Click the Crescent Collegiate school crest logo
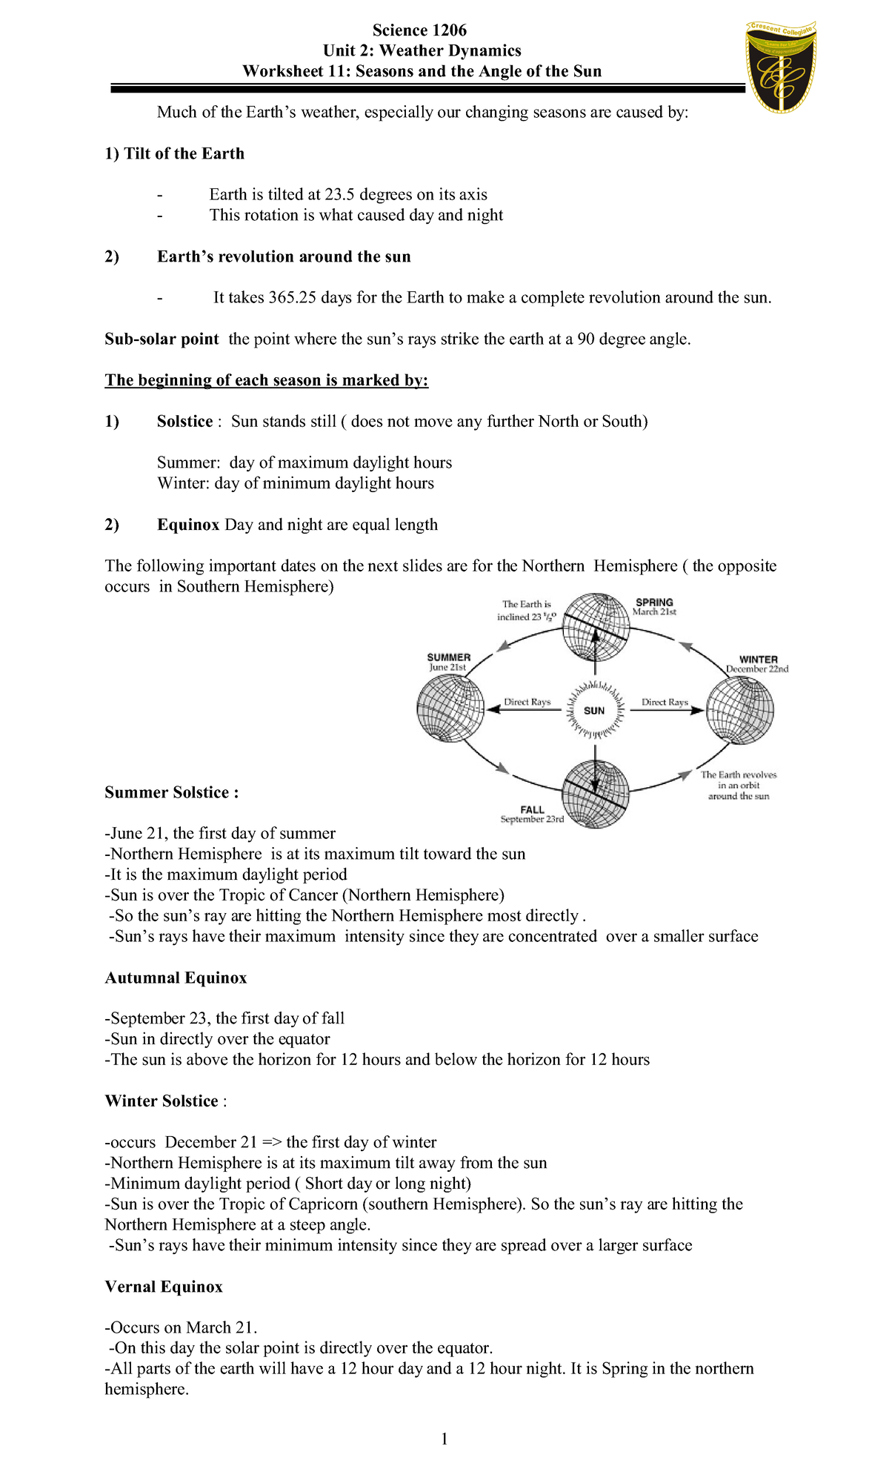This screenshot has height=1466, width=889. tap(780, 67)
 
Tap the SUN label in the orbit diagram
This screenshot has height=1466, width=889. tap(594, 711)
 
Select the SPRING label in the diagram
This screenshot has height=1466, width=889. tap(654, 603)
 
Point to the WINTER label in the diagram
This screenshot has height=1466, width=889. tap(758, 659)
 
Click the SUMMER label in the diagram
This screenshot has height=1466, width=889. tap(449, 657)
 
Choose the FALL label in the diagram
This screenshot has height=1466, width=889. tap(532, 809)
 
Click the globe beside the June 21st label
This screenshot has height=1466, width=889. tap(450, 709)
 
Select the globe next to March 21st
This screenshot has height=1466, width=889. tap(595, 627)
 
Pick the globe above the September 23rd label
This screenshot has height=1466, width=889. tap(596, 795)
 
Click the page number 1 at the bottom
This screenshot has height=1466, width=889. tap(444, 1439)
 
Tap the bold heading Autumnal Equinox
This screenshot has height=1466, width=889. tap(176, 978)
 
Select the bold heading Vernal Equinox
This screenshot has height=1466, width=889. tap(164, 1287)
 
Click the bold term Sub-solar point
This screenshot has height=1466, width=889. tap(162, 339)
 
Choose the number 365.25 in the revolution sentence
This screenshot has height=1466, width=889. tap(292, 298)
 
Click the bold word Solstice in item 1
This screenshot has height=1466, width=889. tap(184, 422)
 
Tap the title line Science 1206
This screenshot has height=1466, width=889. tap(419, 30)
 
